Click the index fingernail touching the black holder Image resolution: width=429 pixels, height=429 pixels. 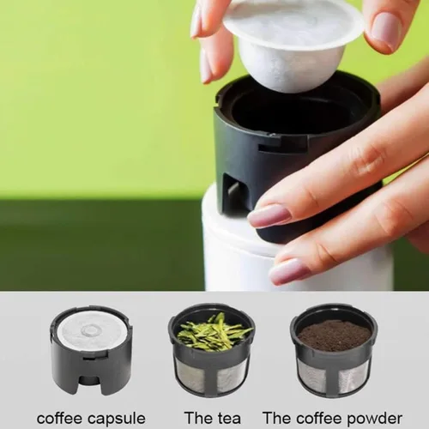269,215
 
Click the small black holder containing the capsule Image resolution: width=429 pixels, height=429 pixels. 91,352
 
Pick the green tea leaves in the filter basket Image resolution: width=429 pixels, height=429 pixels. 212,332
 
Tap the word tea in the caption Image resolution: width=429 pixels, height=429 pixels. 230,417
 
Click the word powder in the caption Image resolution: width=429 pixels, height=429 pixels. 372,417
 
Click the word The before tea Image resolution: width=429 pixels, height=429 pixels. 196,417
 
